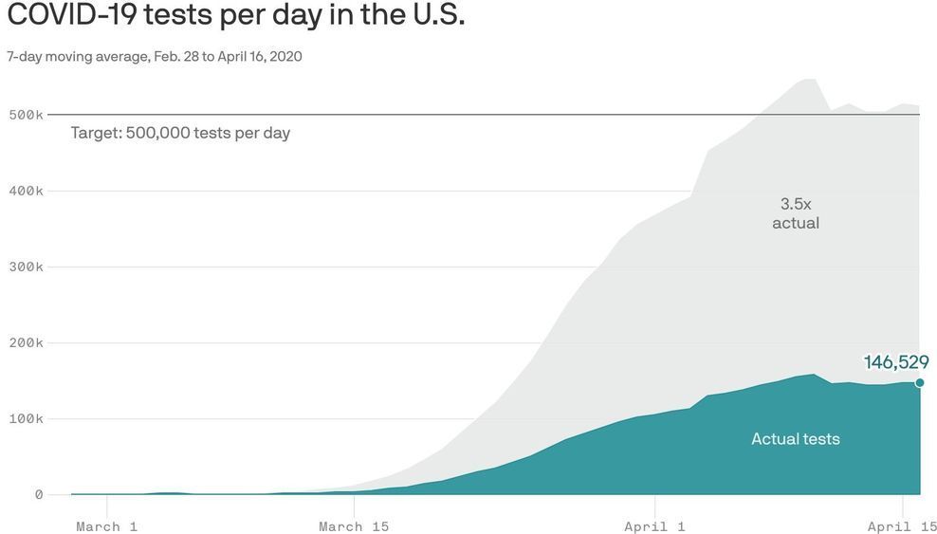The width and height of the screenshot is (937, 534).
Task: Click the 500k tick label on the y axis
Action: (x=26, y=115)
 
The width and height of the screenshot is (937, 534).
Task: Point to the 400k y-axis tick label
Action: (x=26, y=191)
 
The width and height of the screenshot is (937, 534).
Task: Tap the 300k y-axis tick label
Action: (x=26, y=267)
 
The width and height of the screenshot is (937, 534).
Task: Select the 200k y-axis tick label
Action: (x=26, y=342)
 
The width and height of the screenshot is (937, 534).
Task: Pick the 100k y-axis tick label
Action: (x=26, y=418)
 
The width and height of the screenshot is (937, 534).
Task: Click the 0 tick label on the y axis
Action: (x=39, y=494)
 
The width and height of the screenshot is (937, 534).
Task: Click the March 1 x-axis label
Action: (x=106, y=526)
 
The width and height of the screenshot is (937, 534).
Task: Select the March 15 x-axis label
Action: (x=354, y=526)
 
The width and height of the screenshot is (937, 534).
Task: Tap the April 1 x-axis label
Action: (x=654, y=526)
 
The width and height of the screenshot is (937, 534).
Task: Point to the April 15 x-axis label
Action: (x=902, y=526)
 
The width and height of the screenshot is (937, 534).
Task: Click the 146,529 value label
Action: (x=895, y=361)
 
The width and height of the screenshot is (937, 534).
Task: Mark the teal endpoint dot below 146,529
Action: (x=919, y=383)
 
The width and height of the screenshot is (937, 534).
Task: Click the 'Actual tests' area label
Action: (x=795, y=439)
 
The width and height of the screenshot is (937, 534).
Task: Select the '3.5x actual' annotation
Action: (x=795, y=213)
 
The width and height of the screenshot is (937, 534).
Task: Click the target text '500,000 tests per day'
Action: (x=208, y=133)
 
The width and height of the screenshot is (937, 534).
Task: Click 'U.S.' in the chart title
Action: (x=434, y=16)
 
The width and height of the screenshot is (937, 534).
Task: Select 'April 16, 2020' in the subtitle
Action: (x=260, y=57)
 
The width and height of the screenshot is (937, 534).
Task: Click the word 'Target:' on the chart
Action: (x=96, y=133)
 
